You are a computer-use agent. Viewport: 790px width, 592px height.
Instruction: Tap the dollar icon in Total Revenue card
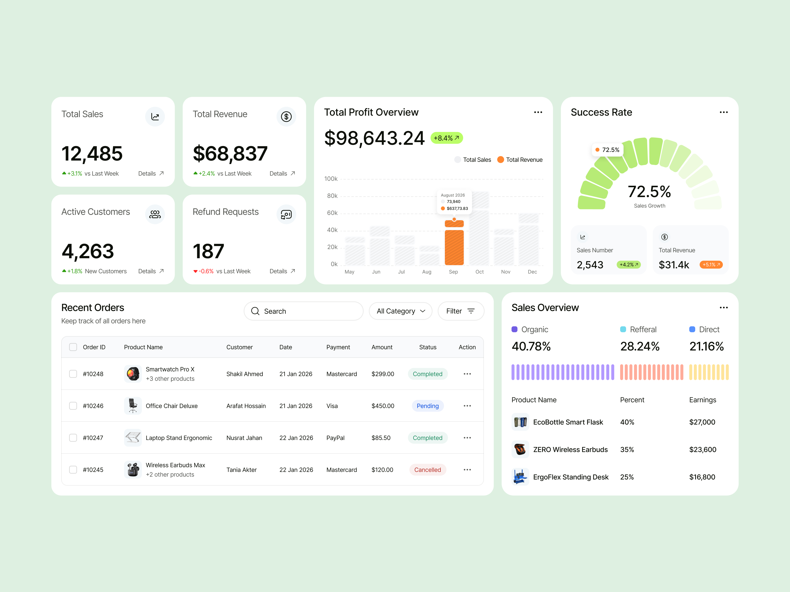(x=286, y=117)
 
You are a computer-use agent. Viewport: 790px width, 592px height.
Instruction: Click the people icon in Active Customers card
(x=155, y=214)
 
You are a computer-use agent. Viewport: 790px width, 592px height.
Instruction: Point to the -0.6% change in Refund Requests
(x=206, y=271)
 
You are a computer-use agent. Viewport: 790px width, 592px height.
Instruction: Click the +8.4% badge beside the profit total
(x=446, y=138)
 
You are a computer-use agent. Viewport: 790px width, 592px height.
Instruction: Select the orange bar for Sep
(x=454, y=247)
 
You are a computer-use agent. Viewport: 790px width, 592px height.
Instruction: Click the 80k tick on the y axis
(x=332, y=196)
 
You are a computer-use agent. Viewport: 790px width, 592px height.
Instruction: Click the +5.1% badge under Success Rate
(x=711, y=265)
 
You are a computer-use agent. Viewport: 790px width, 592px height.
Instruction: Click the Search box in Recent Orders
(x=304, y=311)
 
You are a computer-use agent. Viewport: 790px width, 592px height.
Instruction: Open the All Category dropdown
(x=400, y=311)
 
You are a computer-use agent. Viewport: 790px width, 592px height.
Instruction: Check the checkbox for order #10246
(x=73, y=406)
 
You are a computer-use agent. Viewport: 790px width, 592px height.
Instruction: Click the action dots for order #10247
(x=467, y=438)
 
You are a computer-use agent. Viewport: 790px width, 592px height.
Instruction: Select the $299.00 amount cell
(x=382, y=374)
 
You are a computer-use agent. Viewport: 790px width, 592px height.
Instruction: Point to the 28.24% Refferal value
(x=639, y=346)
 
